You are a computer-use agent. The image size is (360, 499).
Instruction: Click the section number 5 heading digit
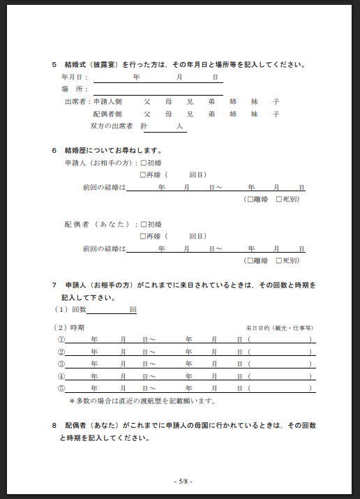coord(54,65)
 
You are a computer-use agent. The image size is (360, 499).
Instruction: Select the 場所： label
coord(75,89)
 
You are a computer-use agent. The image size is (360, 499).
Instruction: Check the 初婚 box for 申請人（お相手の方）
coord(143,163)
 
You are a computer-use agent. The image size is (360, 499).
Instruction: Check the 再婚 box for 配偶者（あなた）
coord(143,236)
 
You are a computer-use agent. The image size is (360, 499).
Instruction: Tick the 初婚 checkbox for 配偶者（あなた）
coord(143,224)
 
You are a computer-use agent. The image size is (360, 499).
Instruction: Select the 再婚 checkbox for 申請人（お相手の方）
coord(143,174)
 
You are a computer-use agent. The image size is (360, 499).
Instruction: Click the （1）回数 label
coord(70,309)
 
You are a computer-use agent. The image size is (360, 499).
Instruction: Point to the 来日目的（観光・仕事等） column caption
coord(279,327)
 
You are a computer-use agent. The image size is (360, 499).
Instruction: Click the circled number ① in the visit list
coord(61,339)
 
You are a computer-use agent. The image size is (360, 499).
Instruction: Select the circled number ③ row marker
coord(61,364)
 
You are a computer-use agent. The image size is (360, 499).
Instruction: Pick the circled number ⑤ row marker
coord(61,388)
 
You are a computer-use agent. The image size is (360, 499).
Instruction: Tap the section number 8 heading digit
coord(54,425)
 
